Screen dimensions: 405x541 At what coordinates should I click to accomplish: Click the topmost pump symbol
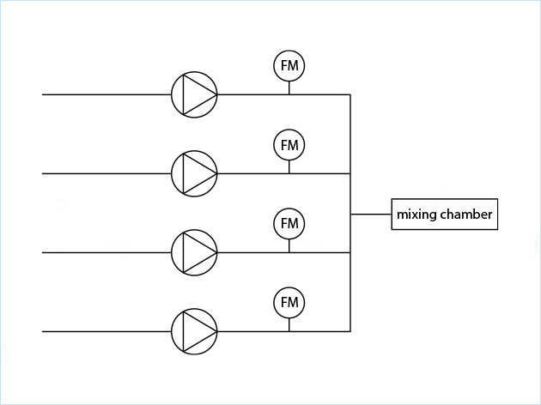coord(194,94)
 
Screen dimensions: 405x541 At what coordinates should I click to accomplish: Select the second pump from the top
coord(194,173)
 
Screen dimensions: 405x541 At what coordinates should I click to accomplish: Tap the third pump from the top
coord(194,252)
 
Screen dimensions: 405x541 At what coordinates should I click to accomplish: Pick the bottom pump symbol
coord(194,331)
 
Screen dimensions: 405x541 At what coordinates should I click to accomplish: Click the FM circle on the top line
coord(289,66)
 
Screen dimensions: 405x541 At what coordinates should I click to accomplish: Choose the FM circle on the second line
coord(289,145)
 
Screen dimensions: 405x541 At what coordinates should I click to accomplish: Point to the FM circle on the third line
coord(289,224)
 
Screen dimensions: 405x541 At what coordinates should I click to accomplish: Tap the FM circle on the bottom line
coord(289,303)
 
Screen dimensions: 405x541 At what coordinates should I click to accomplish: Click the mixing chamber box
coord(444,215)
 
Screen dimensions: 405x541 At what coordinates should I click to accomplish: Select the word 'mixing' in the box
coord(416,215)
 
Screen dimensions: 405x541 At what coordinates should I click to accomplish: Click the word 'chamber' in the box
coord(465,215)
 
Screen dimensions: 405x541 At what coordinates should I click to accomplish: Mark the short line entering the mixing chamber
coord(371,214)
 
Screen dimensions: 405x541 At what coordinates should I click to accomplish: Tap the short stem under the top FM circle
coord(289,88)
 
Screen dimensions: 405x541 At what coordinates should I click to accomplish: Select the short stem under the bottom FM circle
coord(289,324)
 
